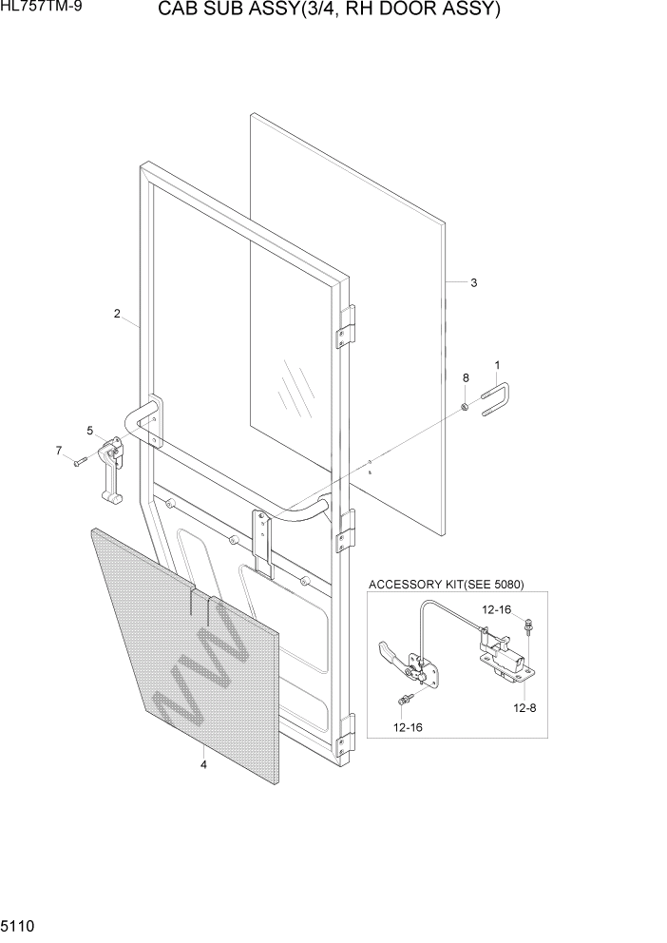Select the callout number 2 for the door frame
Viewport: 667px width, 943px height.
[x=117, y=314]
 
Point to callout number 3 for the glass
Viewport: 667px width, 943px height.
[x=473, y=282]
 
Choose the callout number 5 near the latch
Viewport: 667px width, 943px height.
[x=90, y=431]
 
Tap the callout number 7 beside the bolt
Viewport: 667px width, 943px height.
[x=58, y=450]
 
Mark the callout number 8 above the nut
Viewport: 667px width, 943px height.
[x=466, y=378]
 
